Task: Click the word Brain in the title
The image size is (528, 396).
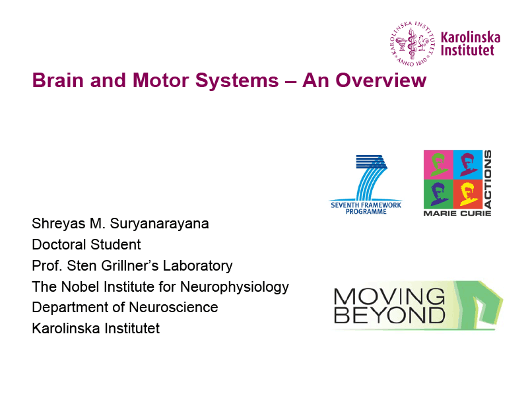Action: tap(58, 81)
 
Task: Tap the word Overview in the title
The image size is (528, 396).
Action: tap(381, 81)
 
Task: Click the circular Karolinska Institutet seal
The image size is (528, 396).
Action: tap(412, 44)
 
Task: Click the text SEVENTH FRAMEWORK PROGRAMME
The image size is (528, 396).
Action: tap(366, 208)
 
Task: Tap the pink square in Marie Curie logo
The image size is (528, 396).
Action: tap(438, 164)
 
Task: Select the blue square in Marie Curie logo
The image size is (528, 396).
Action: tap(468, 164)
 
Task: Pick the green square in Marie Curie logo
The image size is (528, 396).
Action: tap(438, 194)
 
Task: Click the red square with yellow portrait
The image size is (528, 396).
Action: tap(468, 194)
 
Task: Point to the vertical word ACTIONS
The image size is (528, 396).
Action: tap(488, 179)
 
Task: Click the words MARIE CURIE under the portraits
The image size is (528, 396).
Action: tap(457, 213)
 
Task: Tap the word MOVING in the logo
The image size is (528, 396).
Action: tap(389, 296)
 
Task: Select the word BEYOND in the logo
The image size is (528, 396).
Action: tap(389, 315)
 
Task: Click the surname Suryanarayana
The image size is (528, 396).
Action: tap(159, 224)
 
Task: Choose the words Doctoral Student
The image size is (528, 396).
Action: tap(86, 245)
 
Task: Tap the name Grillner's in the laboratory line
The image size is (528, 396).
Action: tap(129, 266)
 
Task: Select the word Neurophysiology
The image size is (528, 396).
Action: tap(234, 288)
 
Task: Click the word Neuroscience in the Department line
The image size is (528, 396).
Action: tap(174, 308)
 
